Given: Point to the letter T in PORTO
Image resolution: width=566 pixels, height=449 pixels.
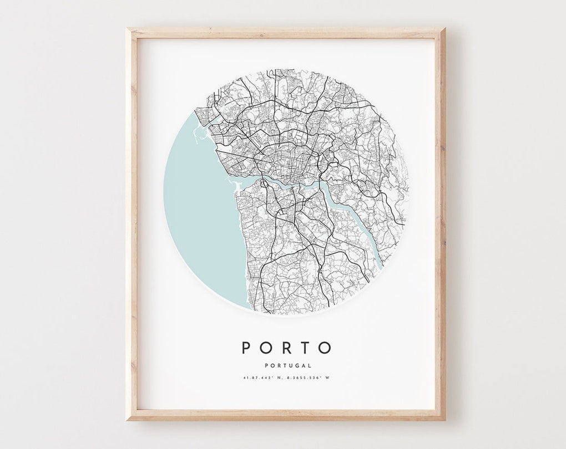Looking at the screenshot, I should pyautogui.click(x=305, y=348).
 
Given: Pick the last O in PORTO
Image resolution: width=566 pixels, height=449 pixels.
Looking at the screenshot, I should pyautogui.click(x=325, y=348).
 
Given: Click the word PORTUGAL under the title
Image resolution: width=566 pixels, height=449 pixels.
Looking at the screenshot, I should pyautogui.click(x=286, y=365).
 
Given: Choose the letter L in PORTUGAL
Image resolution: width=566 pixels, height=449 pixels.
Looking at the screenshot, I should pyautogui.click(x=309, y=365).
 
